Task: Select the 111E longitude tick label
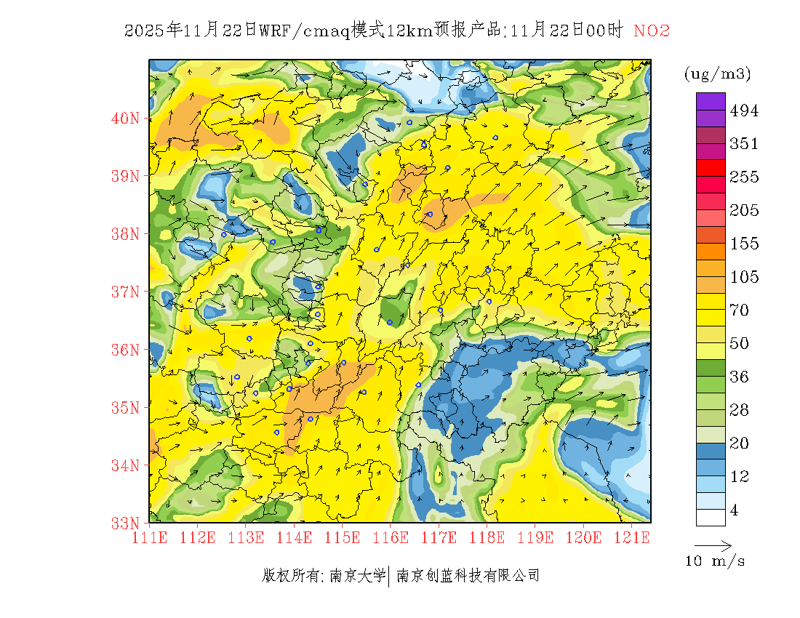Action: pos(150,538)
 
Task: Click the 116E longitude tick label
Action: pos(391,538)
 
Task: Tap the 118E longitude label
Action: pos(487,538)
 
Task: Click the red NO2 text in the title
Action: pos(652,31)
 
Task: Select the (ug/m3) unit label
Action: pos(717,74)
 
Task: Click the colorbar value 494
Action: pos(744,111)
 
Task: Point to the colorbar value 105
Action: pos(744,277)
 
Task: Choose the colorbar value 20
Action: pos(739,444)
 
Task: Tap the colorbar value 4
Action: pos(734,510)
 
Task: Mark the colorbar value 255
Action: pos(744,177)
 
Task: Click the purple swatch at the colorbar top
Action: pos(711,101)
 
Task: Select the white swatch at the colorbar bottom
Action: pos(711,517)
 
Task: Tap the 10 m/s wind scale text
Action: pos(715,561)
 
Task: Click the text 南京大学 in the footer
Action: pos(357,576)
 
